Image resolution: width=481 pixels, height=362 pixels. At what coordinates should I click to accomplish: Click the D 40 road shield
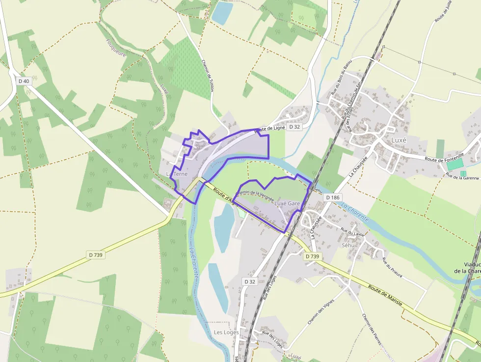tap(24, 81)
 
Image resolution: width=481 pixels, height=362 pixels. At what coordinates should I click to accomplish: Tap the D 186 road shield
tap(332, 197)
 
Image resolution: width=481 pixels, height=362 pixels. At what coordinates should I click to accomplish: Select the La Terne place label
tap(177, 174)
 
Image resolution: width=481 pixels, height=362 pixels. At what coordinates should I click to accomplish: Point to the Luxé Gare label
tap(287, 203)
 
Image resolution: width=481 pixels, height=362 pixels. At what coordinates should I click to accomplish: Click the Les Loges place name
tap(226, 333)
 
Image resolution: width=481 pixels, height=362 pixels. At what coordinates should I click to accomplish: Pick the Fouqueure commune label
tap(116, 48)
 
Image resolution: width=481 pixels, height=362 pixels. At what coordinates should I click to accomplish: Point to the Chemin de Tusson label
tap(209, 76)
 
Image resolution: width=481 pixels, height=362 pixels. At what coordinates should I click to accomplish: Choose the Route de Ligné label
tap(269, 129)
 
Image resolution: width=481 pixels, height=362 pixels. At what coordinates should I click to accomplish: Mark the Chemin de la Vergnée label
tap(255, 195)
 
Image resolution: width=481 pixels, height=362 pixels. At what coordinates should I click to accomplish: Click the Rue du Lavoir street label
tap(352, 234)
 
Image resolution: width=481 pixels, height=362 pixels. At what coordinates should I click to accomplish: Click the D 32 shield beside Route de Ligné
tap(294, 127)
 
